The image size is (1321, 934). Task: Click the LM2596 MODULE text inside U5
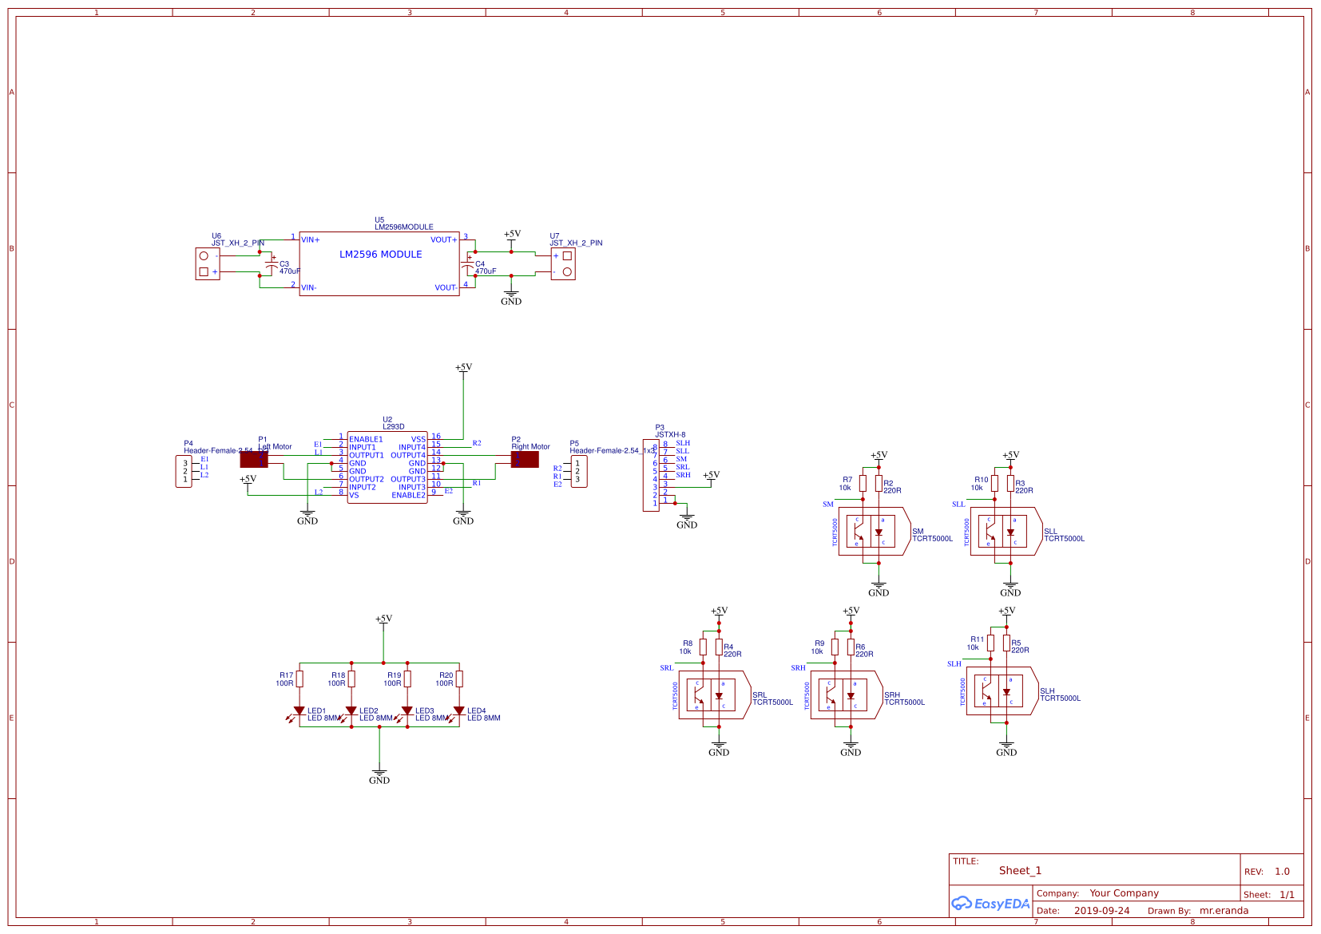[380, 255]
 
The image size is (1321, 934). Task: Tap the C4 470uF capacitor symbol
[468, 265]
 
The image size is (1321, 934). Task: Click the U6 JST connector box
[207, 264]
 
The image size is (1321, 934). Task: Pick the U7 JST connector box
[563, 264]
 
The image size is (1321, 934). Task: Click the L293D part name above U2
[394, 427]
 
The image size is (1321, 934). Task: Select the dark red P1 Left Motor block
[254, 459]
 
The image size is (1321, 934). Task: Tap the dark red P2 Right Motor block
[525, 459]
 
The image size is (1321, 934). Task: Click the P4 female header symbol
[184, 471]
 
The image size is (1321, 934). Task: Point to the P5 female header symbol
[579, 471]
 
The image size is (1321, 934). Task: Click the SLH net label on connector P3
[683, 443]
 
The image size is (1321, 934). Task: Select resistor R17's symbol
[300, 679]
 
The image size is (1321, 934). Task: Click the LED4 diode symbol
[459, 710]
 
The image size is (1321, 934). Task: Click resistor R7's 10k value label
[844, 488]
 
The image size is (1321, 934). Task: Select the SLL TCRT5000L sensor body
[1005, 532]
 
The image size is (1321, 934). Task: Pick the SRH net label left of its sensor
[798, 668]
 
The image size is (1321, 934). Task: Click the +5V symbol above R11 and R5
[1006, 611]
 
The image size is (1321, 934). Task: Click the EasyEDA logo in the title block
[990, 904]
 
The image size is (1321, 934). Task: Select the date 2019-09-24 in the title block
[1101, 911]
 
